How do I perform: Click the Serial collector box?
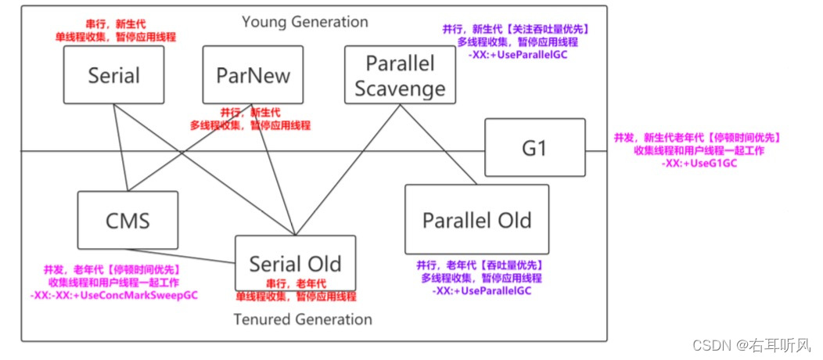(x=114, y=75)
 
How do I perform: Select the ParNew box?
(x=252, y=75)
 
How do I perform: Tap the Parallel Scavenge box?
(x=400, y=75)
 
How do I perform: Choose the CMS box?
(x=128, y=220)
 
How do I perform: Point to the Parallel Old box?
(x=476, y=220)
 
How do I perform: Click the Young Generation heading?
(x=304, y=21)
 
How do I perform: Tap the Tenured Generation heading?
(x=303, y=319)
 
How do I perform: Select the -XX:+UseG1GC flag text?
(x=699, y=164)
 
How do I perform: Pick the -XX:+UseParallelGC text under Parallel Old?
(x=481, y=290)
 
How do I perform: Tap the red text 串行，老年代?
(x=296, y=283)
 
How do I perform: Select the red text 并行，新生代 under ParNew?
(x=250, y=112)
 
